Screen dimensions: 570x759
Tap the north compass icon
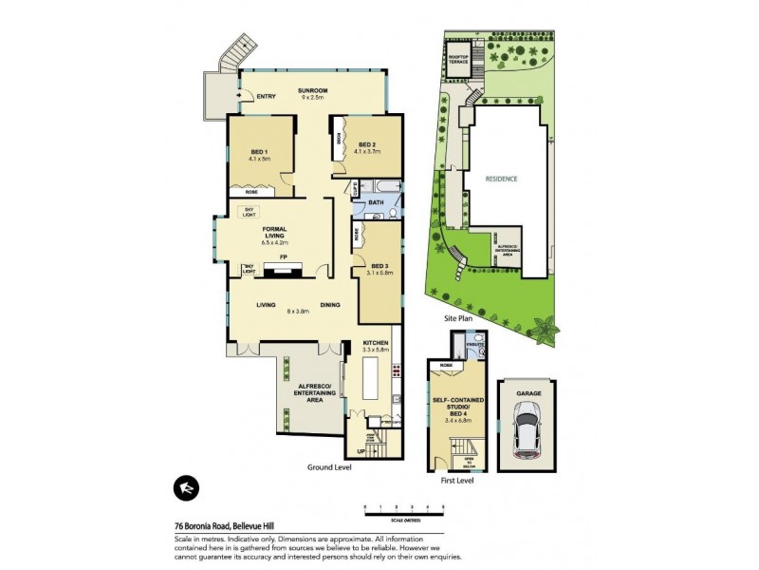tap(185, 487)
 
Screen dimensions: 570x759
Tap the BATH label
tap(376, 202)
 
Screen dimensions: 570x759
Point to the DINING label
tap(329, 305)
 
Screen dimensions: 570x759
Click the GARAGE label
tap(528, 392)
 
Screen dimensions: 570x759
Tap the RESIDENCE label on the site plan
tap(503, 179)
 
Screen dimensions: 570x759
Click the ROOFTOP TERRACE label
tap(459, 59)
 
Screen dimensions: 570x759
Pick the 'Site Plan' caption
tap(459, 319)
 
